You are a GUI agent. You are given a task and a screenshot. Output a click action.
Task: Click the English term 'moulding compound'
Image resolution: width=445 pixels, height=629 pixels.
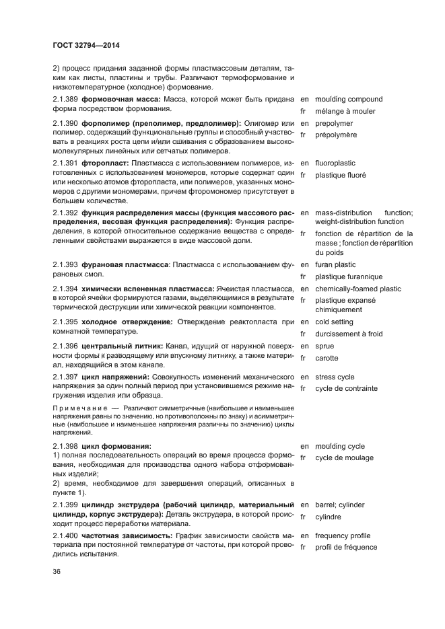click(348, 100)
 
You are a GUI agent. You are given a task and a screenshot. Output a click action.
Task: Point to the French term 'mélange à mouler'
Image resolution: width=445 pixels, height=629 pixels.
click(345, 112)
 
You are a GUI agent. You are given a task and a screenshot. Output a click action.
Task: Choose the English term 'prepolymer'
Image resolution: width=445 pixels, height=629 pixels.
click(333, 124)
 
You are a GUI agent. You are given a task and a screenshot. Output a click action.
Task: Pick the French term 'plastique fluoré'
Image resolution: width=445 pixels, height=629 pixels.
click(340, 176)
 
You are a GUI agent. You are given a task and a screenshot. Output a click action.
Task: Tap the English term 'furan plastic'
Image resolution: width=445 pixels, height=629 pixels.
click(335, 265)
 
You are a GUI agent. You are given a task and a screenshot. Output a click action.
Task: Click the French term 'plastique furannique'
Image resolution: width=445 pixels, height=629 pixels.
click(348, 277)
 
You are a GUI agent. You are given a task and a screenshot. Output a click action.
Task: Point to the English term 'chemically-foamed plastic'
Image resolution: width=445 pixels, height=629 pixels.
click(357, 289)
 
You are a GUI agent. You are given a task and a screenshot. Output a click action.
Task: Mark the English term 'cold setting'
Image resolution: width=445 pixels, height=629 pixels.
click(334, 322)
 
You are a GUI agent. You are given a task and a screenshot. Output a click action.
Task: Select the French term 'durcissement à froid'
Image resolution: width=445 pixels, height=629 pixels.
click(348, 334)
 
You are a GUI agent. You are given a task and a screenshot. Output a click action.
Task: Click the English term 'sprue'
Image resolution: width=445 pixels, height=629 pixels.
click(324, 346)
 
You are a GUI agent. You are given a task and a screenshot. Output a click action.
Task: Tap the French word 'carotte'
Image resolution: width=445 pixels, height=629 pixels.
click(327, 359)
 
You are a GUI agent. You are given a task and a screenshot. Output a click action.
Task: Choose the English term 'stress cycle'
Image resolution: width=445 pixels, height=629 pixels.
click(335, 377)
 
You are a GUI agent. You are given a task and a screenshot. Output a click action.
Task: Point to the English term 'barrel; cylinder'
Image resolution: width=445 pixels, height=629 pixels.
click(339, 505)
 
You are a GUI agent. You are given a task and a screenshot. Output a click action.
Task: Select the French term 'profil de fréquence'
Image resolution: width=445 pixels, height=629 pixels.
click(345, 548)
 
